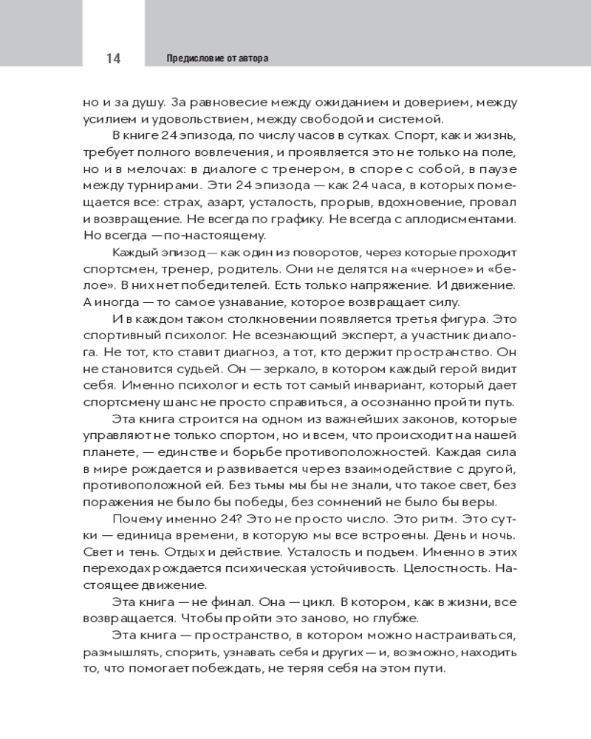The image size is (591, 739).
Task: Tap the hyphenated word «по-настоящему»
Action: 219,235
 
